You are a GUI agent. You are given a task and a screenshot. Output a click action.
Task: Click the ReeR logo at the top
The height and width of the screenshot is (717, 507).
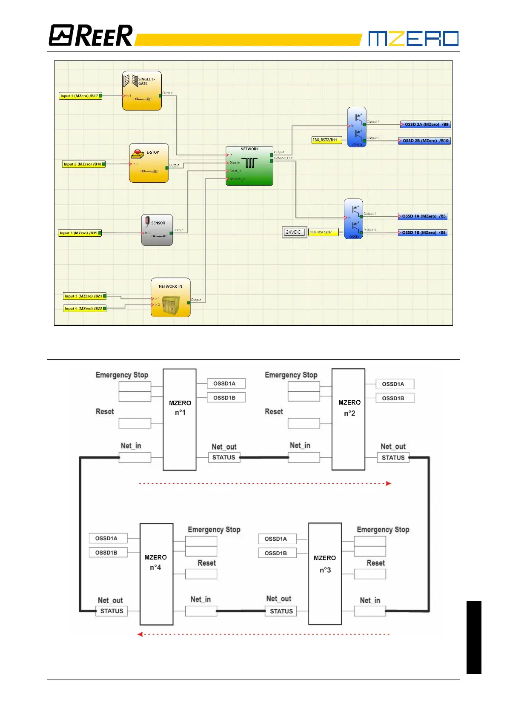[91, 35]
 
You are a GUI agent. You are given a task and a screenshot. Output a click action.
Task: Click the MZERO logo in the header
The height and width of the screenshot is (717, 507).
[413, 38]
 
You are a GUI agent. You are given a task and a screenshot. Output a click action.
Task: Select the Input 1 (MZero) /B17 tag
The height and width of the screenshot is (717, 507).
[80, 96]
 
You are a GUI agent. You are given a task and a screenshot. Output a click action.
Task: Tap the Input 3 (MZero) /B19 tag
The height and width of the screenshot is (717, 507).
[80, 233]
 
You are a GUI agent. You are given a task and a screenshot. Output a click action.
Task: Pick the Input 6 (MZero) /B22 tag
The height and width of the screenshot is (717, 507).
[84, 308]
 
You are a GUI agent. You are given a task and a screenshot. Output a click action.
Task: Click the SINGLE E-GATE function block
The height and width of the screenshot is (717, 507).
[142, 91]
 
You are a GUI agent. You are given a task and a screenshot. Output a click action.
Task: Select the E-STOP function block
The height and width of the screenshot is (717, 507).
[149, 163]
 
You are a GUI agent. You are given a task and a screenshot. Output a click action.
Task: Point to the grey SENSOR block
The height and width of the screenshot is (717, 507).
[157, 230]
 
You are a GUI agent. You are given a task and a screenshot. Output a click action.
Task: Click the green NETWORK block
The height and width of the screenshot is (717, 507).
[249, 166]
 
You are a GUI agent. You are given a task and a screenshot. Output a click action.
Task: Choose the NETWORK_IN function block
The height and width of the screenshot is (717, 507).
[170, 298]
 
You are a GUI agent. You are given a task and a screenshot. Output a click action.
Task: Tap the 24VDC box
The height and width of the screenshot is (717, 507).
[294, 232]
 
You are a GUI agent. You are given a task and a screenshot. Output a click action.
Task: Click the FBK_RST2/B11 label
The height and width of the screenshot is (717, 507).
[326, 140]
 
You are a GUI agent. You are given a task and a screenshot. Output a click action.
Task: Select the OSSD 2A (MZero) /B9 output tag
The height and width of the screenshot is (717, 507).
[425, 125]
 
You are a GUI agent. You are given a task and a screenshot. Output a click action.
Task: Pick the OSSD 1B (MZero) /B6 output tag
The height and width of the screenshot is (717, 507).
[422, 232]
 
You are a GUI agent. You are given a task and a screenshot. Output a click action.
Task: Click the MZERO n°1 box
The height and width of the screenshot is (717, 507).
[180, 419]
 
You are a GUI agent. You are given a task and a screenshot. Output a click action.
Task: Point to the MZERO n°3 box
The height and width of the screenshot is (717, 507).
[325, 574]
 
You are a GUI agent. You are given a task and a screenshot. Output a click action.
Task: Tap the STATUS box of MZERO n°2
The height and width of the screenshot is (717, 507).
[393, 458]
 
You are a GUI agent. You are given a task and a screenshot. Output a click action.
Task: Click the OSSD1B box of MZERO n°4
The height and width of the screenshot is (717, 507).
[106, 553]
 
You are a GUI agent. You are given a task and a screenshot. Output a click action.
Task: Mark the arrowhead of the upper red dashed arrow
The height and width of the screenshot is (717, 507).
[388, 483]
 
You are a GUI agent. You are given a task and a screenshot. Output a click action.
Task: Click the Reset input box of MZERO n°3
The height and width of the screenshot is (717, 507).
[370, 574]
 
